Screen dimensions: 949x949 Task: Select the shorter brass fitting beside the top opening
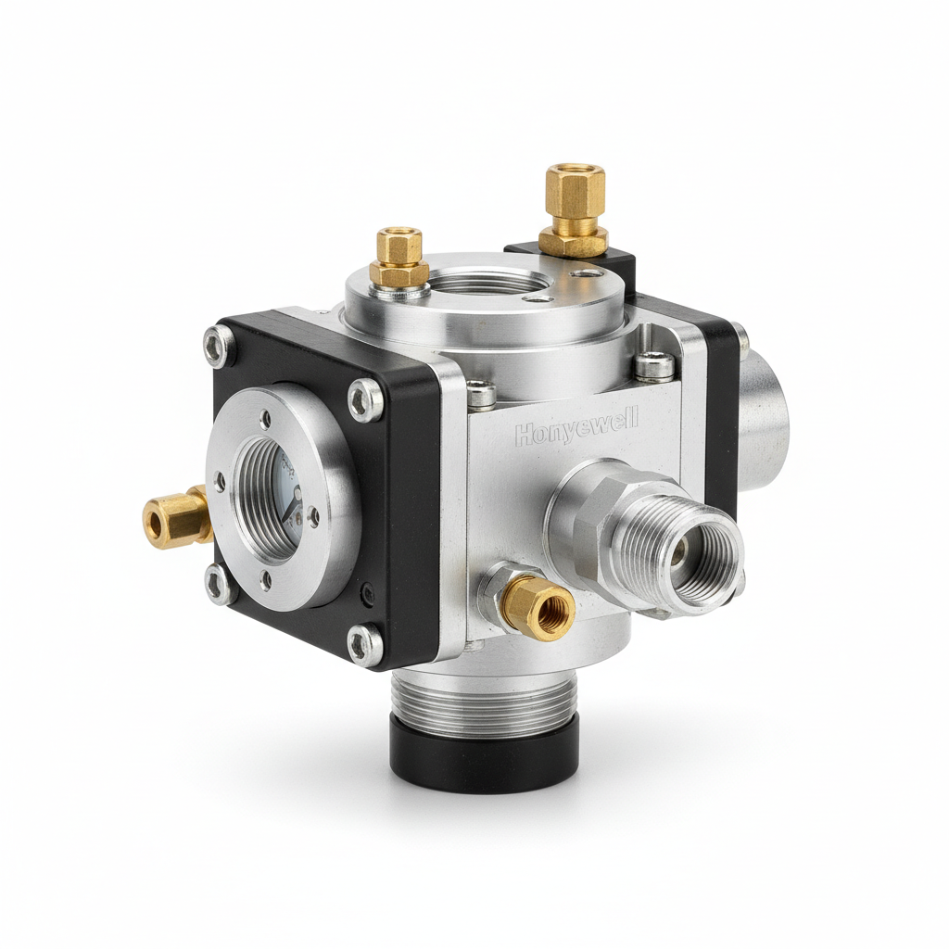399,257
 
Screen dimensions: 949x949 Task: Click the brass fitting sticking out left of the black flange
176,517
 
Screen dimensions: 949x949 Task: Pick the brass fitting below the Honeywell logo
538,607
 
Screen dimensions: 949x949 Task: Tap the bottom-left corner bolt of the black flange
219,585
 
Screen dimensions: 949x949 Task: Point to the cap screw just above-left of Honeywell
481,396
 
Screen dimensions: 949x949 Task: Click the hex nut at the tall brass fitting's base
574,242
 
